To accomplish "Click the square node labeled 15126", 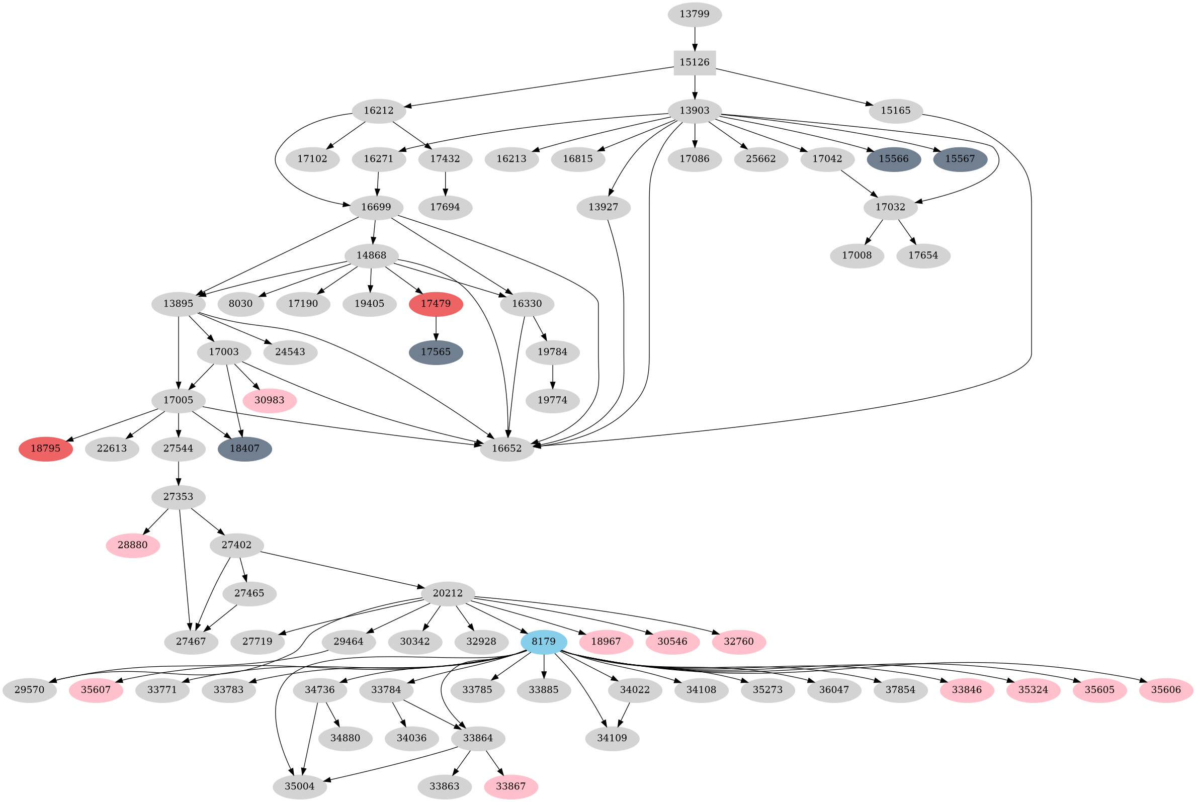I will point(694,62).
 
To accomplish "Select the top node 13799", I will point(694,14).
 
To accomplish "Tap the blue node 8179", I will point(543,642).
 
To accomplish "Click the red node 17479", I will point(436,304).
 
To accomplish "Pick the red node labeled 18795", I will point(46,449).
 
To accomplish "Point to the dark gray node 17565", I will point(436,352).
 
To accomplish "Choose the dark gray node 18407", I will point(244,449).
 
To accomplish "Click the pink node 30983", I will point(269,400).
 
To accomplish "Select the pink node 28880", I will point(132,545).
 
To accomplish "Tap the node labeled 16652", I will point(506,449).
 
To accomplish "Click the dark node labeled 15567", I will point(960,159).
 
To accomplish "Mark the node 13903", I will point(694,111).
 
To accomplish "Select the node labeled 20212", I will point(448,594).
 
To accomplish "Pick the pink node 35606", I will point(1166,690).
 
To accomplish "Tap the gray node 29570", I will point(29,690).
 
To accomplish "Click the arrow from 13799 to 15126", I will point(694,38).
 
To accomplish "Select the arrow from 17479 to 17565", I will point(436,328).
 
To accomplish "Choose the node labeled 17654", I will point(923,256).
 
